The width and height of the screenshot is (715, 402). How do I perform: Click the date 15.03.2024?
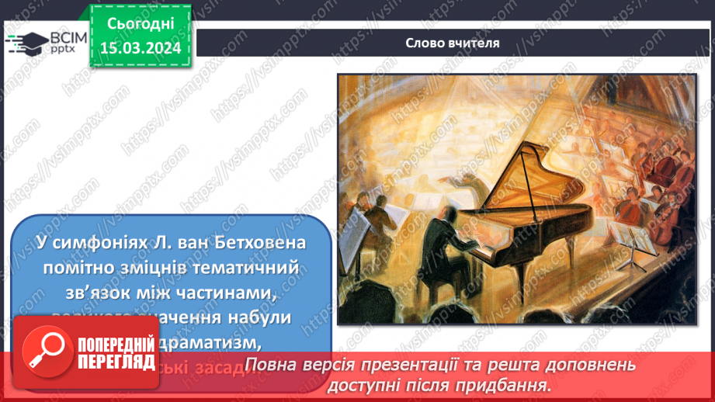[x=141, y=47]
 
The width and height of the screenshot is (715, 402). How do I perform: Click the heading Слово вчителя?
[x=452, y=43]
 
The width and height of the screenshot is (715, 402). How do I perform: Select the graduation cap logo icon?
[x=25, y=43]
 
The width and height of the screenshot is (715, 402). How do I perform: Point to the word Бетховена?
[x=266, y=242]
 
